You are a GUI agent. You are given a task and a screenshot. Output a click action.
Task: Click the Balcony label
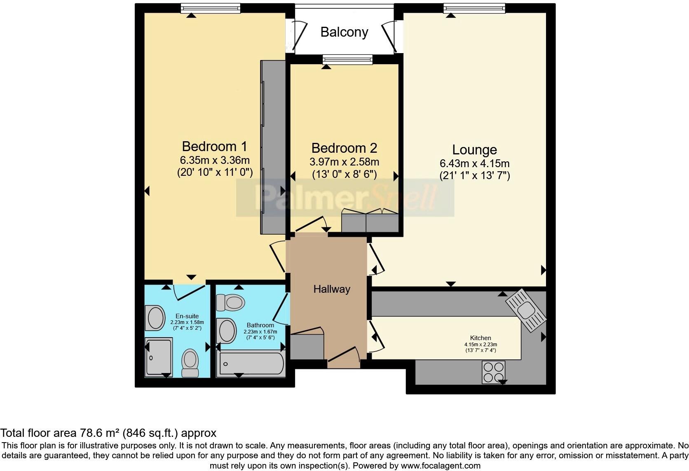(344, 32)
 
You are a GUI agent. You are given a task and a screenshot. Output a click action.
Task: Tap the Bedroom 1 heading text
(214, 146)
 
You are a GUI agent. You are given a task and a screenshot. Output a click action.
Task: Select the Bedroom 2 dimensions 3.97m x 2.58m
(344, 162)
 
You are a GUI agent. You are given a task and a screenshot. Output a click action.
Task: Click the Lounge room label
(474, 149)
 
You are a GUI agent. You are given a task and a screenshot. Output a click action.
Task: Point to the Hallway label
(331, 289)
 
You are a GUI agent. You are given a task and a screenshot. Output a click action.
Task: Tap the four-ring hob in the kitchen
(493, 372)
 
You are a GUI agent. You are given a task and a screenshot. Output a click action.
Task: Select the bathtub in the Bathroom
(250, 364)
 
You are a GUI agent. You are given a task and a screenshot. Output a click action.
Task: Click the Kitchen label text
(480, 338)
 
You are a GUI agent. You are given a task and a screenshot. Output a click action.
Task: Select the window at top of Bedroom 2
(348, 60)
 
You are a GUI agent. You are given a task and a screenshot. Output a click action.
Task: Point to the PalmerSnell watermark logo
(345, 198)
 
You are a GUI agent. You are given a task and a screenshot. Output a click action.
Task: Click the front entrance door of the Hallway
(344, 357)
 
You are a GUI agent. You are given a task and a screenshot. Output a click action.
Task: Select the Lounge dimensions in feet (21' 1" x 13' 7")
(474, 176)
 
